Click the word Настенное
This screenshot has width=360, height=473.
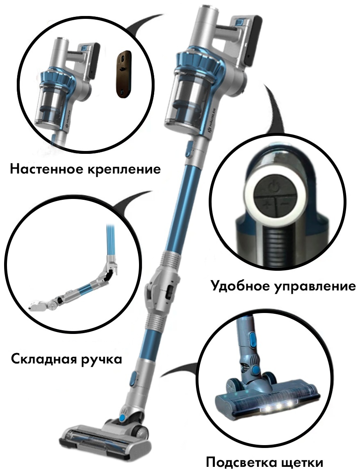47,169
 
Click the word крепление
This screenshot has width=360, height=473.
124,170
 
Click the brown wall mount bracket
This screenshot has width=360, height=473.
123,74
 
